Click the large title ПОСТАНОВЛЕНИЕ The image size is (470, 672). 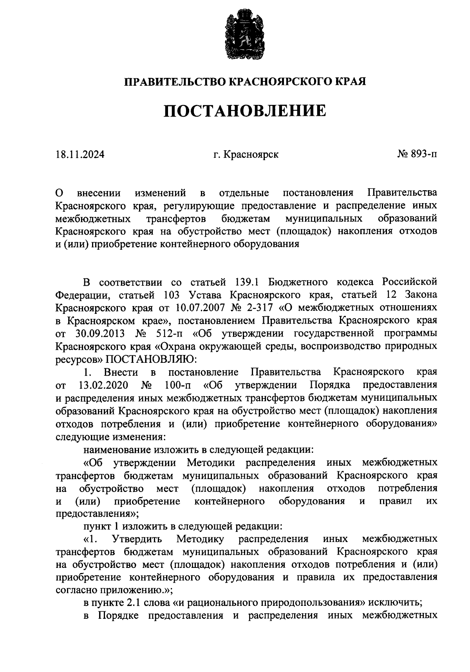[x=245, y=111]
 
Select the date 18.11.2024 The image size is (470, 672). [x=80, y=155]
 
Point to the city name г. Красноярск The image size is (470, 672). [x=246, y=155]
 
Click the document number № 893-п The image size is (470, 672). [x=417, y=155]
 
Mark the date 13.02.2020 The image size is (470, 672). [x=103, y=385]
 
